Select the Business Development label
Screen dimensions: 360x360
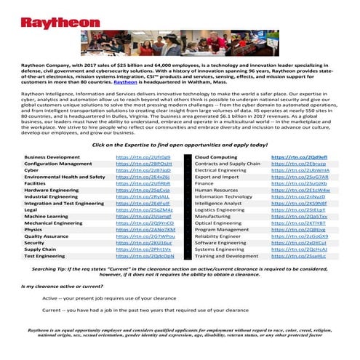pyautogui.click(x=52, y=156)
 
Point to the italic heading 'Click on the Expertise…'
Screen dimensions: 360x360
pyautogui.click(x=180, y=145)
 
